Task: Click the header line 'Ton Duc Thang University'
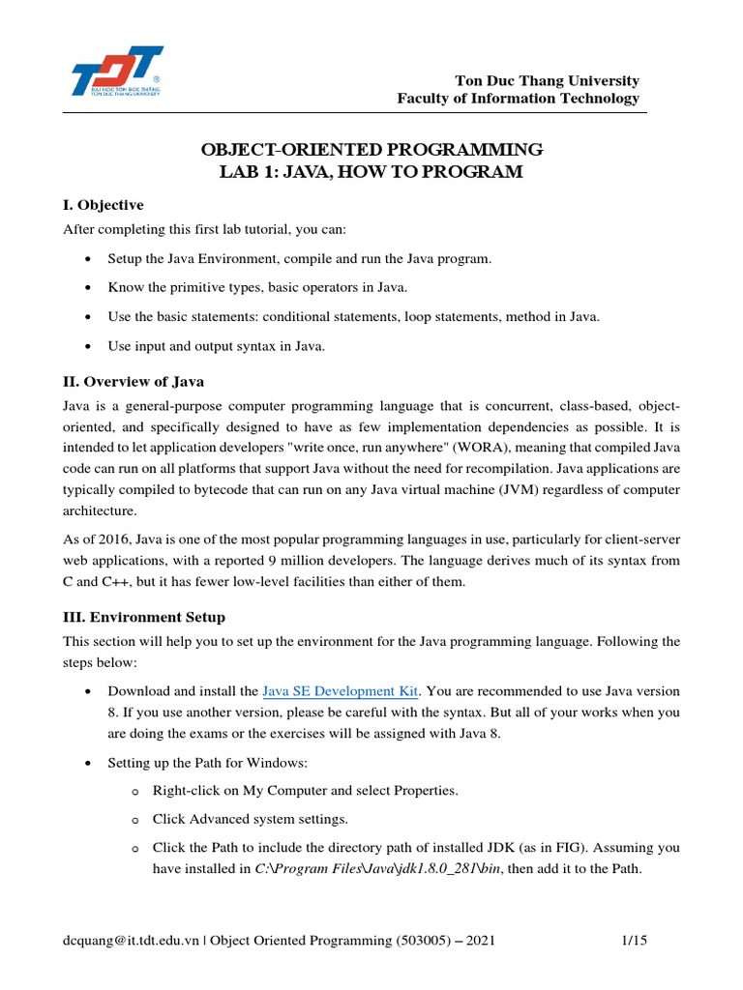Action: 547,80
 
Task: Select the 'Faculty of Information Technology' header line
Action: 519,99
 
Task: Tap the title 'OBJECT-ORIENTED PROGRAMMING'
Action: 371,150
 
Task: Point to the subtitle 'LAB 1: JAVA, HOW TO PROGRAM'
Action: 371,172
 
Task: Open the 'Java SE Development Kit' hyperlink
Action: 341,691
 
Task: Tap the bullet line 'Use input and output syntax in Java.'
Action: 216,346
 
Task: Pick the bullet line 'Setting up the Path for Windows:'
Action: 208,763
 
